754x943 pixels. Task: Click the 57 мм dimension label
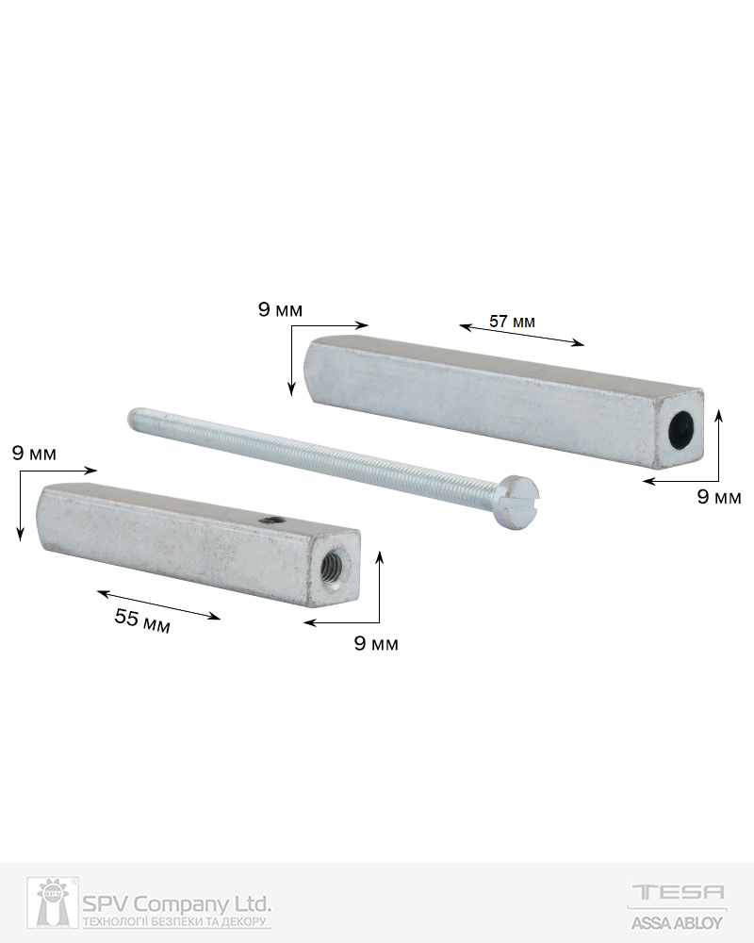[512, 322]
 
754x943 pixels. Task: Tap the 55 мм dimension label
[142, 620]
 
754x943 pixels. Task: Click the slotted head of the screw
[519, 503]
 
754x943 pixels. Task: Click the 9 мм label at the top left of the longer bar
[280, 309]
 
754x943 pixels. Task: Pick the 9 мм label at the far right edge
[719, 497]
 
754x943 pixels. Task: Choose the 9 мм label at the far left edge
[34, 453]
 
